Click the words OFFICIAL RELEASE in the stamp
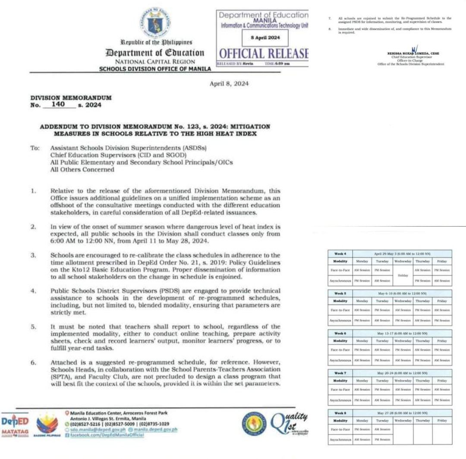point(264,53)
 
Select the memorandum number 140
point(58,104)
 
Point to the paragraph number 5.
point(33,327)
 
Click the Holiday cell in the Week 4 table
point(403,275)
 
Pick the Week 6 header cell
point(340,333)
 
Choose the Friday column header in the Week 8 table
point(442,420)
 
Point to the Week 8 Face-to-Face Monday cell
point(362,429)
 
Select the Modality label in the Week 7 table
point(340,381)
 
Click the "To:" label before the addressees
point(35,148)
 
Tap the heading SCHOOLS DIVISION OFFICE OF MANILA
point(155,69)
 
